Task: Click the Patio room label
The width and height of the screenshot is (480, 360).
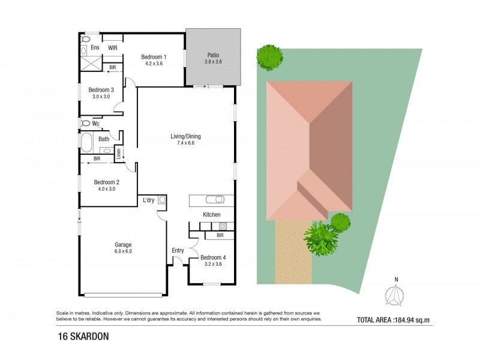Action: [x=213, y=53]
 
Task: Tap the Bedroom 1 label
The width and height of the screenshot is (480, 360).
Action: [x=154, y=57]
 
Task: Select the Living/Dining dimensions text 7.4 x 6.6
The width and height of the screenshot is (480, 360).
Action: [x=185, y=143]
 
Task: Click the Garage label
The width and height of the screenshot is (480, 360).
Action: [x=123, y=244]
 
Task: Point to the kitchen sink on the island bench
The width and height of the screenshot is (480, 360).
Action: [x=214, y=200]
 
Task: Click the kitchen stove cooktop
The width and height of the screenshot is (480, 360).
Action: [x=222, y=226]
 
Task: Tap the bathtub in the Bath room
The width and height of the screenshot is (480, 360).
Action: [x=86, y=143]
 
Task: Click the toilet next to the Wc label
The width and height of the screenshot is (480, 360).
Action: [x=84, y=124]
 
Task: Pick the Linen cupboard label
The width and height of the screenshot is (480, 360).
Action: [x=119, y=154]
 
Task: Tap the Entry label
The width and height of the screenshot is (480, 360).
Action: [x=178, y=250]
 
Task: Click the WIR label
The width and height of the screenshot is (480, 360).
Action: [x=112, y=47]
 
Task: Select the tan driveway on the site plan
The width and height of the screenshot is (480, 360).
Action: [x=293, y=252]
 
